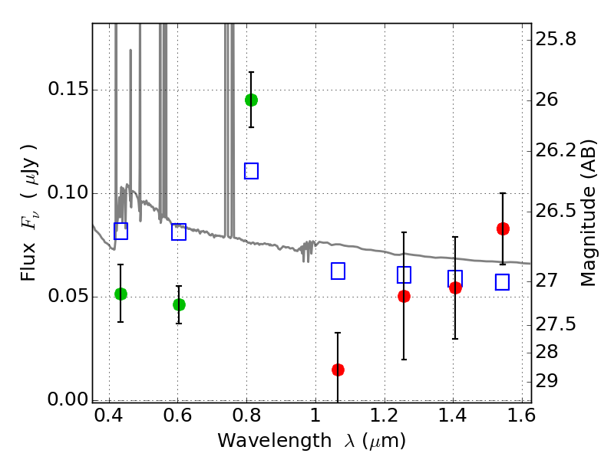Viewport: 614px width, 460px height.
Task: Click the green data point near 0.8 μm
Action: click(x=251, y=100)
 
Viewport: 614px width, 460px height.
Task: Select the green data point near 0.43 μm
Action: click(x=120, y=294)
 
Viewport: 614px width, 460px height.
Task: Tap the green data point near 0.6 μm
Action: click(x=179, y=304)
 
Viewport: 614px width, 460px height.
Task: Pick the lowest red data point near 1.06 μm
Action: click(x=338, y=370)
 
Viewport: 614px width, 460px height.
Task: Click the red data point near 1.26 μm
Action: click(x=404, y=296)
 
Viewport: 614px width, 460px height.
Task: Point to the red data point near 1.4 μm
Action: click(x=455, y=287)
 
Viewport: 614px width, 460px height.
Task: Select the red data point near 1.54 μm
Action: click(x=503, y=228)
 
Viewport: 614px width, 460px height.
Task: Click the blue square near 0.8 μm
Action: click(x=251, y=171)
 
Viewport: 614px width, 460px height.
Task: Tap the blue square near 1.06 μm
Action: click(x=338, y=271)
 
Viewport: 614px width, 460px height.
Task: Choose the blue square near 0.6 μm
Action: click(x=179, y=232)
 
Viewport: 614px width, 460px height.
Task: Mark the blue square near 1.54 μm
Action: click(x=502, y=282)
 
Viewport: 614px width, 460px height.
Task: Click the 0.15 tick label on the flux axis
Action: click(x=67, y=90)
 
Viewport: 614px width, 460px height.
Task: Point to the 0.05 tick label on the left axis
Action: click(x=67, y=297)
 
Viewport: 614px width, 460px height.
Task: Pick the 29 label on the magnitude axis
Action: click(x=553, y=381)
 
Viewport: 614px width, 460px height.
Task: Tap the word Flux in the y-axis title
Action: click(x=28, y=243)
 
